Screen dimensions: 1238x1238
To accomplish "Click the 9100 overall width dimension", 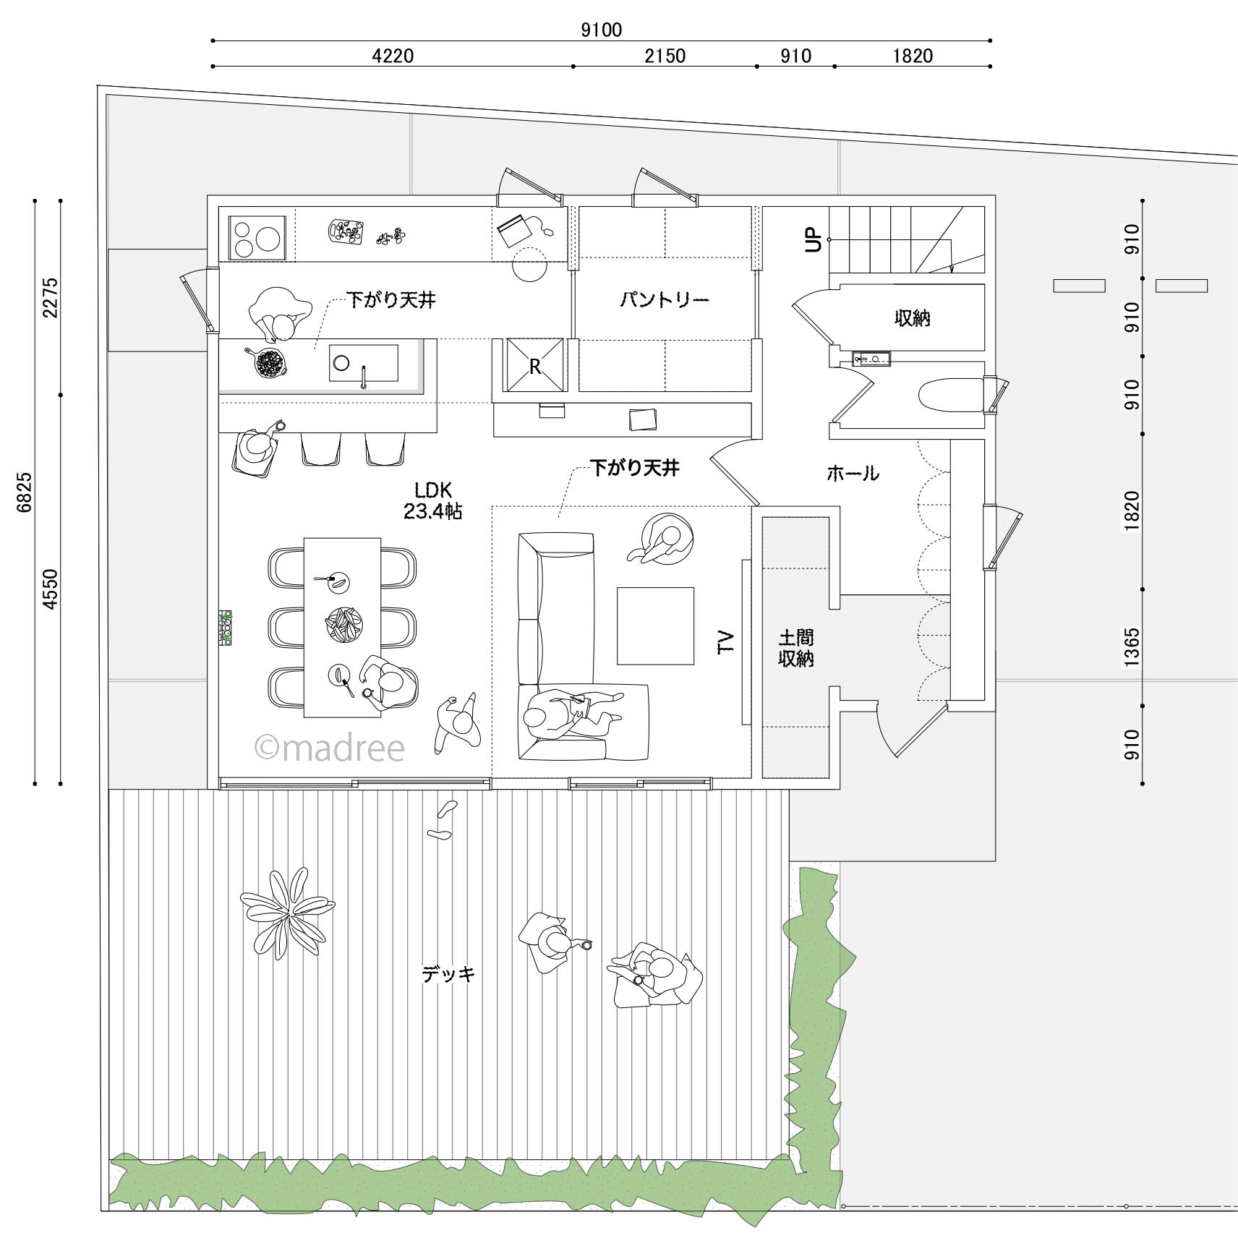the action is click(602, 30).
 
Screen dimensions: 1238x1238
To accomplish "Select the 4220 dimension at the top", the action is click(393, 56).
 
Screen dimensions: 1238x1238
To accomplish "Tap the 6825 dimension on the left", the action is click(25, 492).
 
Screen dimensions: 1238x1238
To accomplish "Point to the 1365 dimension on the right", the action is click(1132, 647).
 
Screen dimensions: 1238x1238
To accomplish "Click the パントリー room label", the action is click(664, 299).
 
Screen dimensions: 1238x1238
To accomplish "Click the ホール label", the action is click(853, 474).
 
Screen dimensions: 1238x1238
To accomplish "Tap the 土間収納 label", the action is click(796, 648).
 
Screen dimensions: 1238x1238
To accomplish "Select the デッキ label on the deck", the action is click(448, 974).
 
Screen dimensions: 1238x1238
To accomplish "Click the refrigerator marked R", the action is click(535, 364).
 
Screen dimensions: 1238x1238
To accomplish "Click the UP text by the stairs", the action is click(814, 239).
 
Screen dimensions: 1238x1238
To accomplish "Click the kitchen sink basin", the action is click(363, 363).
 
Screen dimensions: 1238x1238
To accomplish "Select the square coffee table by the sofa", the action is click(655, 626).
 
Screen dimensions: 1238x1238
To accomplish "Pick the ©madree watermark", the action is click(330, 748).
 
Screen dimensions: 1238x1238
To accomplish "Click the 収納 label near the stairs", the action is click(912, 317).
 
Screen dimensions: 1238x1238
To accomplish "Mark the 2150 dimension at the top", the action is click(665, 56).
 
